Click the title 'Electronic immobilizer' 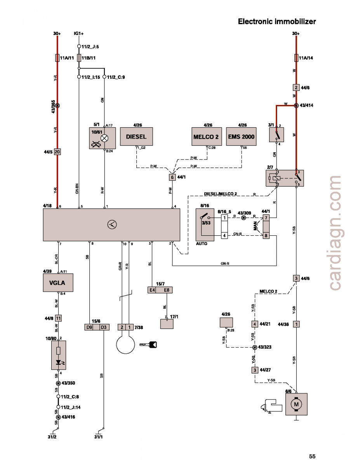[277, 22]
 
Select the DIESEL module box [136, 137]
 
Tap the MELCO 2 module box [206, 137]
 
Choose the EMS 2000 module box [242, 137]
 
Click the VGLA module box [58, 283]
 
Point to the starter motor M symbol [296, 404]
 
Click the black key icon [149, 344]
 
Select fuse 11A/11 [57, 58]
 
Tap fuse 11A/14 [296, 58]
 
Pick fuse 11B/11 [79, 58]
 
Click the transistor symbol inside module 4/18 [111, 224]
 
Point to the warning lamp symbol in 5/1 [104, 138]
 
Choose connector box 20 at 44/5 [57, 152]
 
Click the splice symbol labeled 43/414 [296, 105]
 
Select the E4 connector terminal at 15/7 [152, 290]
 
